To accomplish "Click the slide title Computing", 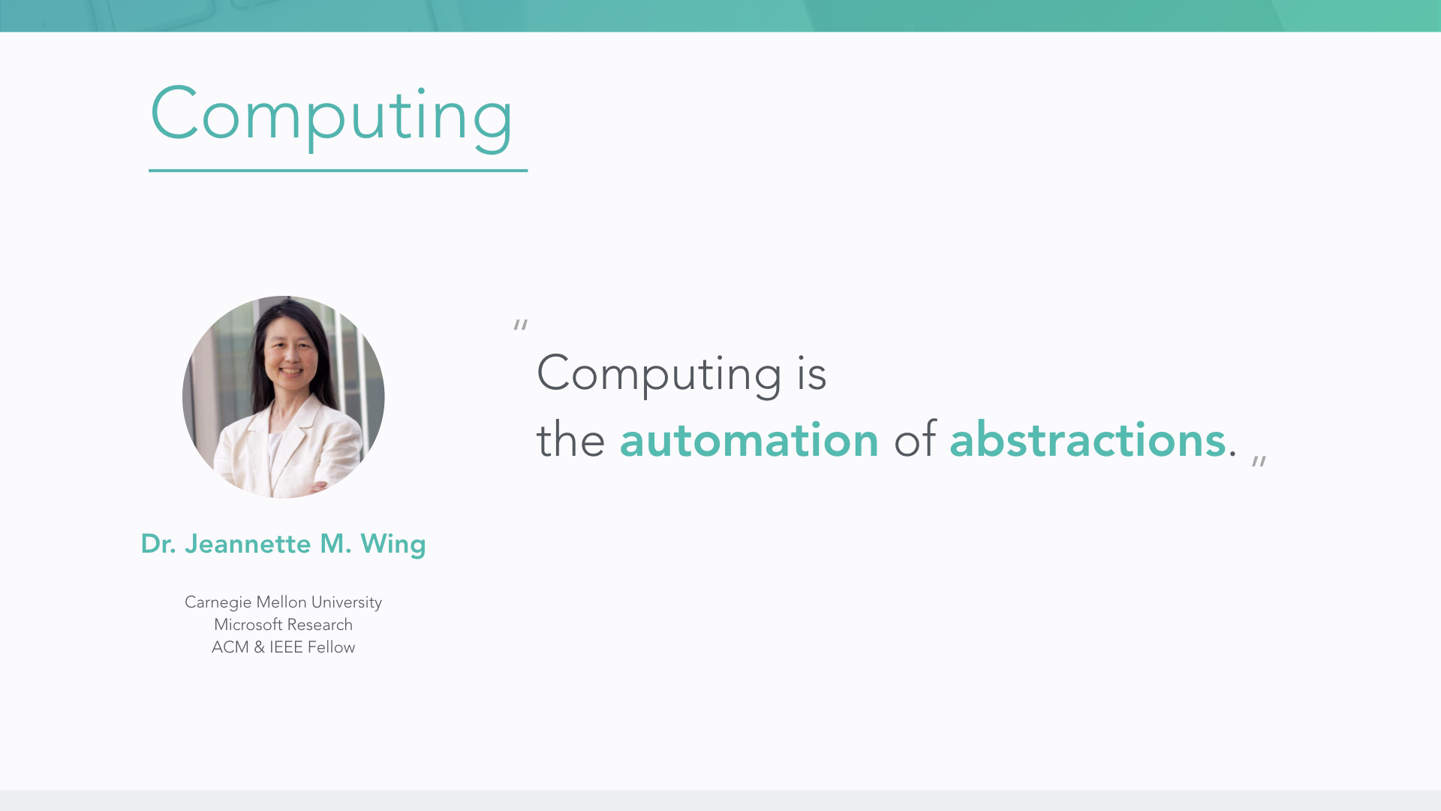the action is pyautogui.click(x=331, y=116).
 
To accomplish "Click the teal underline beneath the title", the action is pyautogui.click(x=338, y=170).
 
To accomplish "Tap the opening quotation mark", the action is pyautogui.click(x=520, y=324).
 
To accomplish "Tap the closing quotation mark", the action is pyautogui.click(x=1259, y=461).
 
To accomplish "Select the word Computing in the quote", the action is pyautogui.click(x=659, y=374).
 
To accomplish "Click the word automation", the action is pyautogui.click(x=749, y=440).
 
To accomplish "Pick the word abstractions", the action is pyautogui.click(x=1088, y=440).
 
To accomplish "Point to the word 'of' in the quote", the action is pyautogui.click(x=915, y=440).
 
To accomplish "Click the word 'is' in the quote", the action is pyautogui.click(x=812, y=373).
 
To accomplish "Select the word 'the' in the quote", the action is pyautogui.click(x=570, y=440).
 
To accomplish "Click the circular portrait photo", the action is pyautogui.click(x=284, y=396).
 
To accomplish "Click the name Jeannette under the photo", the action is pyautogui.click(x=248, y=544).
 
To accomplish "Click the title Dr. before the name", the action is pyautogui.click(x=158, y=544).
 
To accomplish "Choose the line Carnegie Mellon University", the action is pyautogui.click(x=284, y=602).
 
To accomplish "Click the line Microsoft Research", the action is pyautogui.click(x=284, y=625).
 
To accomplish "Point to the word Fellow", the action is pyautogui.click(x=331, y=647).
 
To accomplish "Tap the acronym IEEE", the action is pyautogui.click(x=286, y=647).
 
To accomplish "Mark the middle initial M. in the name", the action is pyautogui.click(x=335, y=544).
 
